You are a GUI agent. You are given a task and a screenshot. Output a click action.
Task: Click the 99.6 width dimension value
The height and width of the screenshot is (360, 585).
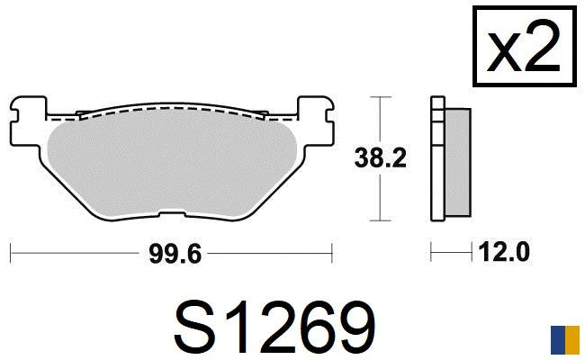(175, 254)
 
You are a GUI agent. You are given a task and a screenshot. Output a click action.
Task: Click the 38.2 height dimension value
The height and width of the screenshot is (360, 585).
(380, 158)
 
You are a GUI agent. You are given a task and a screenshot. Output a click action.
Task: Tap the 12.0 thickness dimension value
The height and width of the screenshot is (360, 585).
(504, 252)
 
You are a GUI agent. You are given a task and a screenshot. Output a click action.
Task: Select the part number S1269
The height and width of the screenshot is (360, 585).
(274, 328)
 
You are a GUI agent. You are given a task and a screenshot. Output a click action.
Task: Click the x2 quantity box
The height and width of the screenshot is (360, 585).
(525, 46)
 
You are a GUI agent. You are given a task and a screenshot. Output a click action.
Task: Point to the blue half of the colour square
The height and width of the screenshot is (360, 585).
(558, 340)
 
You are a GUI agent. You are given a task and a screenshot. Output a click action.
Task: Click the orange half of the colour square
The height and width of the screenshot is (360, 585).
(572, 340)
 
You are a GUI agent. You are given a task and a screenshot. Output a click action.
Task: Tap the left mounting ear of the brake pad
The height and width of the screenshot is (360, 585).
(29, 121)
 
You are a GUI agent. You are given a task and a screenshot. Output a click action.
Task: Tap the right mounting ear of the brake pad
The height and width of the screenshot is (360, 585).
(315, 121)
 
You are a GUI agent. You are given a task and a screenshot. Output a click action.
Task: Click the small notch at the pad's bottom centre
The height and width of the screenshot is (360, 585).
(172, 214)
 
